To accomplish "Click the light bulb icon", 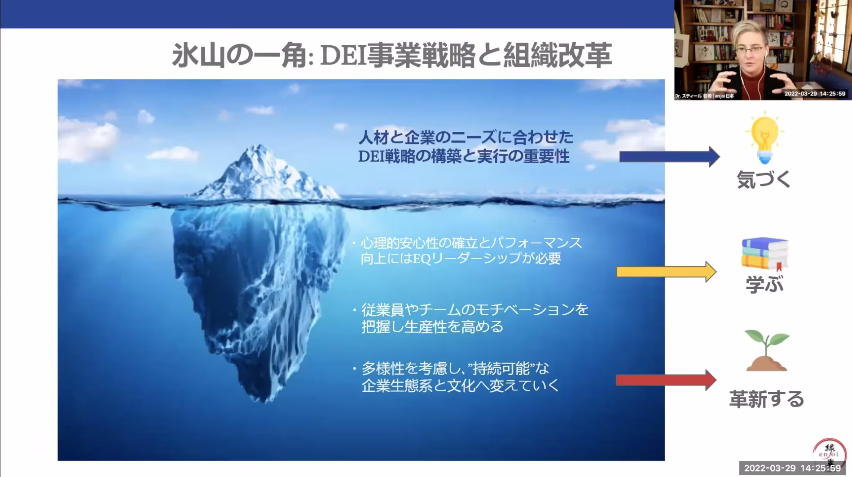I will pos(764,139).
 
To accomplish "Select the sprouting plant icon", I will pos(767,351).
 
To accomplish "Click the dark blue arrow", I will pos(669,156).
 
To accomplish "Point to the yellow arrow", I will pos(666,272).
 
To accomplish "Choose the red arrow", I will pos(666,380).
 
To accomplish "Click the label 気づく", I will pos(764,179).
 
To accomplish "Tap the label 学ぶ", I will pos(764,284).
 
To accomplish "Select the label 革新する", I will pos(766,399).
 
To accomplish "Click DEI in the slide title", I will pos(343,56).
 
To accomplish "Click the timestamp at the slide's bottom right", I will pos(792,468).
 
